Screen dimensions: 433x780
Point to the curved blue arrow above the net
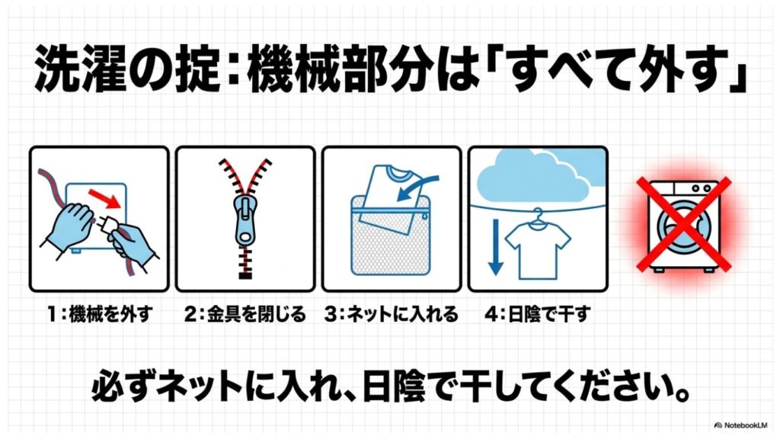click(423, 188)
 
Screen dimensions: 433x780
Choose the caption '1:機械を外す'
click(98, 314)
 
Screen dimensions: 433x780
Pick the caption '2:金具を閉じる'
click(245, 314)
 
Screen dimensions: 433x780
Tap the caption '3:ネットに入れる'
click(392, 314)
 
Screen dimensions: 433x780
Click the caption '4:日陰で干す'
click(536, 314)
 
